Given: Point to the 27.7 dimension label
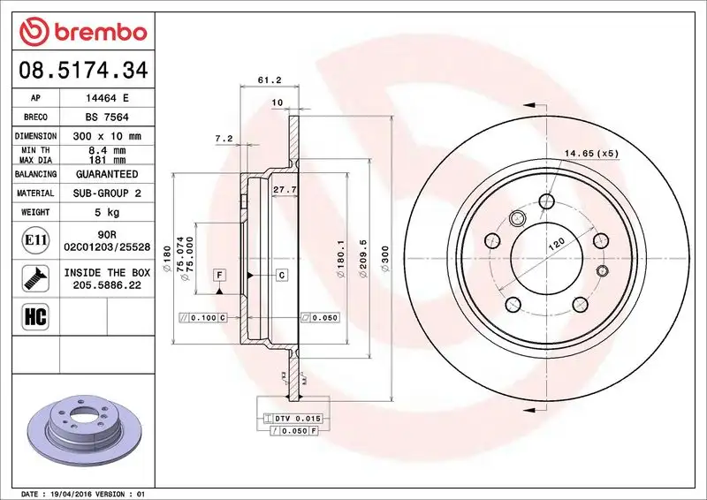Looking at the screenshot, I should [x=284, y=190].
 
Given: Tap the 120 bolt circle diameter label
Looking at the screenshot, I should [x=556, y=246].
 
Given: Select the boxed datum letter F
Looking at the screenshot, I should [x=217, y=276].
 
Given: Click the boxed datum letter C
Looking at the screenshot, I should [x=282, y=276].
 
